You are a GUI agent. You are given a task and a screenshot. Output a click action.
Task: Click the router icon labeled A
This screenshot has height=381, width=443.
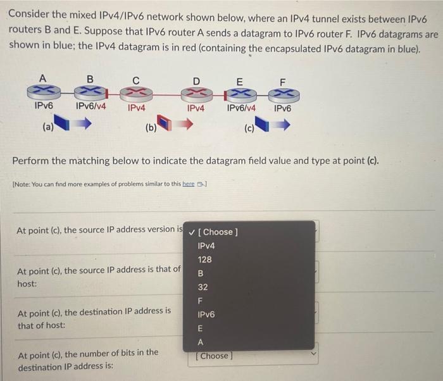pos(42,93)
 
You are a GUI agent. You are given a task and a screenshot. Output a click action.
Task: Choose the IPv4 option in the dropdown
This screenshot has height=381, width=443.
pos(206,246)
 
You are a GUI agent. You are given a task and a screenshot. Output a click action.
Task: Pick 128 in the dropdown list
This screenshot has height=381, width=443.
pos(204,259)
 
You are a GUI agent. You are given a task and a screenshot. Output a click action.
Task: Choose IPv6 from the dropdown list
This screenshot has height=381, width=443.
pos(206,315)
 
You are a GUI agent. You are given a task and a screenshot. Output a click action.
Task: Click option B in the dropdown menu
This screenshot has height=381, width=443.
pos(201,273)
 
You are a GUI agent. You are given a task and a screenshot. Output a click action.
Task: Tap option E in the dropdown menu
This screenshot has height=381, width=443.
pos(201,328)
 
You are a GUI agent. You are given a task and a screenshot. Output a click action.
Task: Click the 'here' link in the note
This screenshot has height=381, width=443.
pos(188,184)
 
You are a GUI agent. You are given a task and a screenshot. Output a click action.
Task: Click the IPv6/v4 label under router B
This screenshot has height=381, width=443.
pos(90,107)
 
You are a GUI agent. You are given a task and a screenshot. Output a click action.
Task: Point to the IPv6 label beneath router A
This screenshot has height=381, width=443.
pos(43,107)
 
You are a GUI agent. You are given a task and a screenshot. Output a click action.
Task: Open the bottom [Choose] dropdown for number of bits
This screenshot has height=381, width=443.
pos(253,356)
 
